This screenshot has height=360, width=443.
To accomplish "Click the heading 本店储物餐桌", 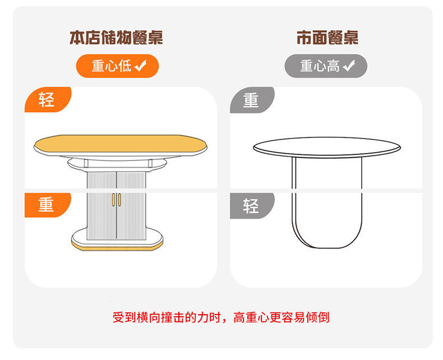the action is [116, 38].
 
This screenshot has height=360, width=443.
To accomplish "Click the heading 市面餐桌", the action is [327, 38].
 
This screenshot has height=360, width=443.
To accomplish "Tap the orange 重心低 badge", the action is [118, 66].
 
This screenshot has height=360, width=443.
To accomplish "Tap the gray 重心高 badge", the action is [326, 66].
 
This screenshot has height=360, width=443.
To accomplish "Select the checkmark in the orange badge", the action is [140, 66].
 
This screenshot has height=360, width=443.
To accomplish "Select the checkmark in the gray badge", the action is [349, 66].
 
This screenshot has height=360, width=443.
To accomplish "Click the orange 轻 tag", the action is [48, 99].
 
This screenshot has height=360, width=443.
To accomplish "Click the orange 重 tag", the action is [48, 205].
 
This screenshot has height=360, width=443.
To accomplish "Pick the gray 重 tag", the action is [252, 100].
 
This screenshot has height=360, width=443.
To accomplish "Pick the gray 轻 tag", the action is [252, 206].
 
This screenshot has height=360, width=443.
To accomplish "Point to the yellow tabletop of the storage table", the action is [121, 144].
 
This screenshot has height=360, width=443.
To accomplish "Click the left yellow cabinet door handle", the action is [114, 200].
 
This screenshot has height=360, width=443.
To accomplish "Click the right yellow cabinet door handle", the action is [119, 200].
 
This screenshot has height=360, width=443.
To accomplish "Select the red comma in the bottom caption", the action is [225, 321].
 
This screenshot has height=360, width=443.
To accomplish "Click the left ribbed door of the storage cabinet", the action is [101, 206].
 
